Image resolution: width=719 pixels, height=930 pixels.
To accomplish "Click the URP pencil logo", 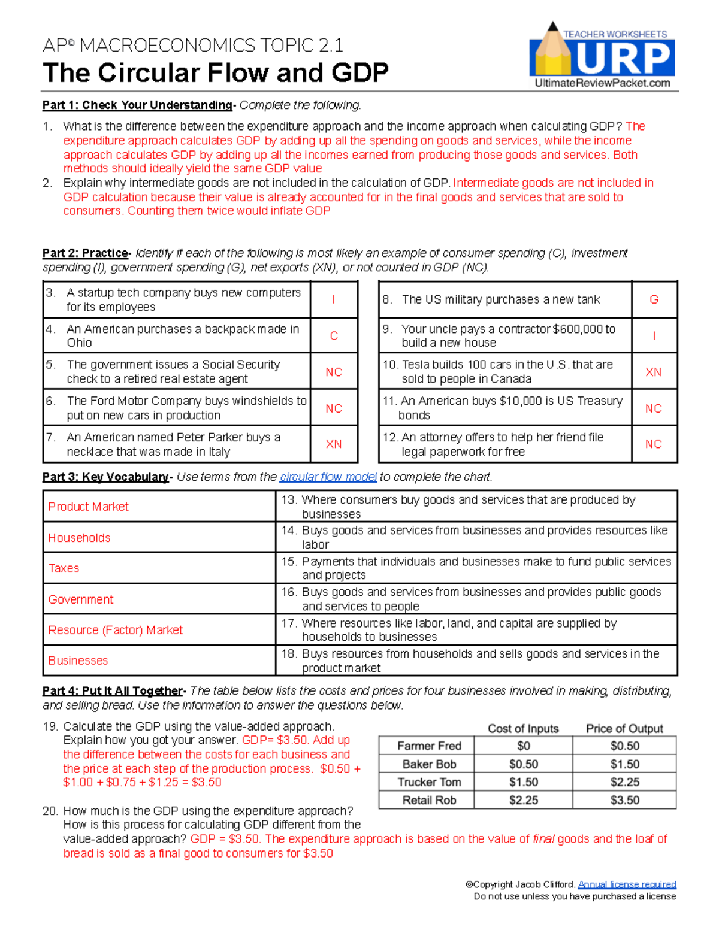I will click(x=602, y=55).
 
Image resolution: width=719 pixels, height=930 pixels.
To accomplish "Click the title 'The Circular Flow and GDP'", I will click(x=216, y=73).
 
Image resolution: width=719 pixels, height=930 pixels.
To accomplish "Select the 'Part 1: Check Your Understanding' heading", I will click(x=137, y=105).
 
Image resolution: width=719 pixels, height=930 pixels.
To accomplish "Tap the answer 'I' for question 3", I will click(x=333, y=299).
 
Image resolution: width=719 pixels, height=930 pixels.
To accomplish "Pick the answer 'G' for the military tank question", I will click(x=654, y=299).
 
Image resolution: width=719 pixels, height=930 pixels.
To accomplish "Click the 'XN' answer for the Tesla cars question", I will click(x=653, y=372).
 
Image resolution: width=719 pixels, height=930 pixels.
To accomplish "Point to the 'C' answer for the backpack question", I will click(x=334, y=336).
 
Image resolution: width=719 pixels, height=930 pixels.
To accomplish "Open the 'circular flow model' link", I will click(x=328, y=477).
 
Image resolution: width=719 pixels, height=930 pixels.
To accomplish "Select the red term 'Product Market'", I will click(x=88, y=507).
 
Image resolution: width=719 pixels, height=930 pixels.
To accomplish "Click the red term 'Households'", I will click(x=79, y=538).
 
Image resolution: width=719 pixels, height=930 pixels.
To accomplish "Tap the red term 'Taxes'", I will click(x=64, y=568).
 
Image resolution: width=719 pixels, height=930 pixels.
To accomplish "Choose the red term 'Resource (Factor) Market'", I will click(x=115, y=630).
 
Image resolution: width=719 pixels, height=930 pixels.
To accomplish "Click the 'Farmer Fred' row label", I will click(x=429, y=746).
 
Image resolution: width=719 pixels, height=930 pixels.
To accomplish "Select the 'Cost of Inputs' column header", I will click(x=522, y=729).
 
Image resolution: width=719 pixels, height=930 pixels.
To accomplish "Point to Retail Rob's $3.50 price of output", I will click(x=624, y=800).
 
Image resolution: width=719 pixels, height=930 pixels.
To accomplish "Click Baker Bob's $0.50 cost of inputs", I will click(x=523, y=764).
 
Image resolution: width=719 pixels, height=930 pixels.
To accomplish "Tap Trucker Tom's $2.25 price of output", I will click(x=624, y=782).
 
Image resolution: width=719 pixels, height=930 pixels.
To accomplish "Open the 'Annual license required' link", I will click(x=627, y=884).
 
